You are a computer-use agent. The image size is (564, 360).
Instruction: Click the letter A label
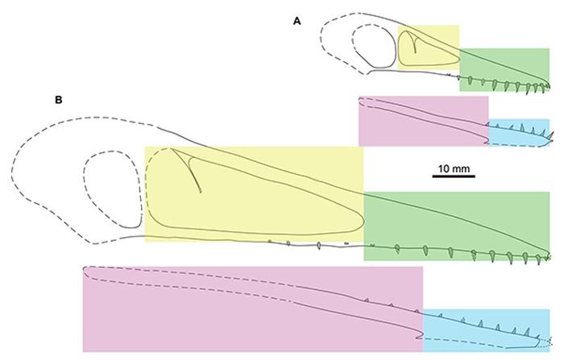point(297,22)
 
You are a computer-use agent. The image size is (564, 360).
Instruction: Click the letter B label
point(58,101)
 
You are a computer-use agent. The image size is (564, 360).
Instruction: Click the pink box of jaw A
point(422,121)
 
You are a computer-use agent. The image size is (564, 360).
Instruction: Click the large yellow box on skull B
point(253,193)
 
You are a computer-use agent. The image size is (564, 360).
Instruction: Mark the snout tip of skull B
point(548,256)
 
